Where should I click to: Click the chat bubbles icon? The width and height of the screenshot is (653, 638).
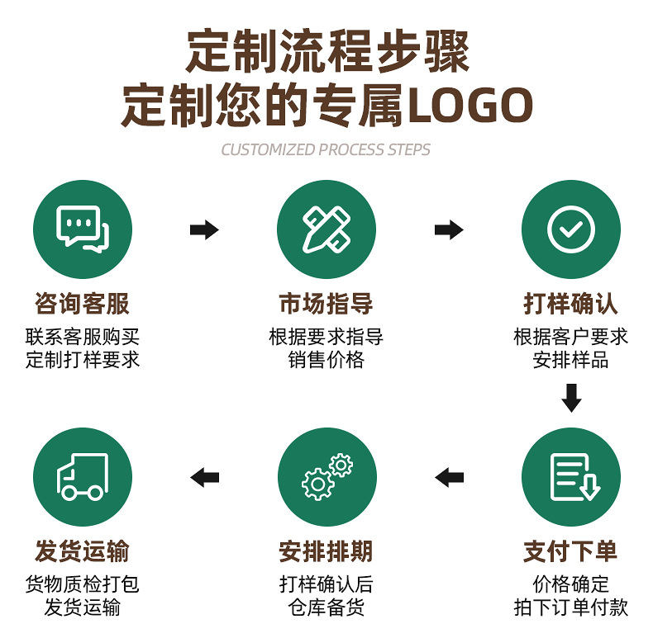click(x=82, y=229)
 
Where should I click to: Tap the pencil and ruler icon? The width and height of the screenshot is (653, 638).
click(x=326, y=229)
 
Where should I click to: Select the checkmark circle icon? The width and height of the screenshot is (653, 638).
click(x=570, y=229)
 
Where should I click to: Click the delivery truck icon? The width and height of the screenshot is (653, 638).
click(x=82, y=477)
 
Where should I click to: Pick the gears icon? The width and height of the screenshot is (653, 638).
click(x=326, y=477)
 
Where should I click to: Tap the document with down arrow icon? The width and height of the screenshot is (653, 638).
click(x=570, y=477)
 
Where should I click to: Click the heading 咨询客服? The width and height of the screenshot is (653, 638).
click(x=82, y=304)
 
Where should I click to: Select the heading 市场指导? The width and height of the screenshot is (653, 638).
click(x=326, y=304)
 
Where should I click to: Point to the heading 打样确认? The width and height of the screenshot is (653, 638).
click(x=570, y=304)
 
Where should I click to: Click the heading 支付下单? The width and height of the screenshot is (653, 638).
click(x=570, y=551)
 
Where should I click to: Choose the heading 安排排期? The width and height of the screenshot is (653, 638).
click(x=326, y=551)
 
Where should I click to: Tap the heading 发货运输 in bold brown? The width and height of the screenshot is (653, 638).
click(x=82, y=551)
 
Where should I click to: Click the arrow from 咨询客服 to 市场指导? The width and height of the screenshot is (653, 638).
click(x=204, y=229)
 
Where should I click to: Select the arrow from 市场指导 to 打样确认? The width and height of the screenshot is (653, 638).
click(x=449, y=229)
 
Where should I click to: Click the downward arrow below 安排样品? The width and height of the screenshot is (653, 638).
click(x=571, y=397)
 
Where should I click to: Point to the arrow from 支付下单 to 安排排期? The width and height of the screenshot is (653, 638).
click(x=449, y=476)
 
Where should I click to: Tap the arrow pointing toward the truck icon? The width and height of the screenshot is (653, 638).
click(x=204, y=476)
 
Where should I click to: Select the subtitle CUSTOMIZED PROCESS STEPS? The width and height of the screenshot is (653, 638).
click(x=326, y=150)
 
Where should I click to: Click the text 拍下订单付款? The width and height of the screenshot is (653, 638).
click(x=570, y=608)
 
